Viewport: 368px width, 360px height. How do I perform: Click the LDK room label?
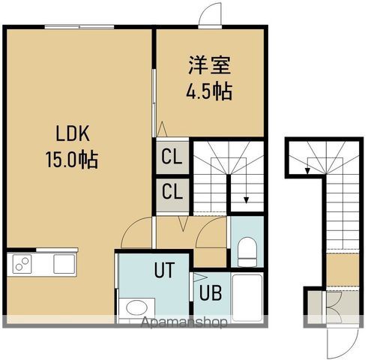tap(72, 135)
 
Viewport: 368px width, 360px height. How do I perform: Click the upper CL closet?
tap(171, 157)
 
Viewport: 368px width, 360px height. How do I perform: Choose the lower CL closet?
tap(171, 191)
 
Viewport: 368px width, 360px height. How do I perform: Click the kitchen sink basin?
tap(63, 264)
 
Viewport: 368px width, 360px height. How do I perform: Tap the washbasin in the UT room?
tap(136, 308)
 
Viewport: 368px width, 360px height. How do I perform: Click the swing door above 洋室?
tap(211, 14)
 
